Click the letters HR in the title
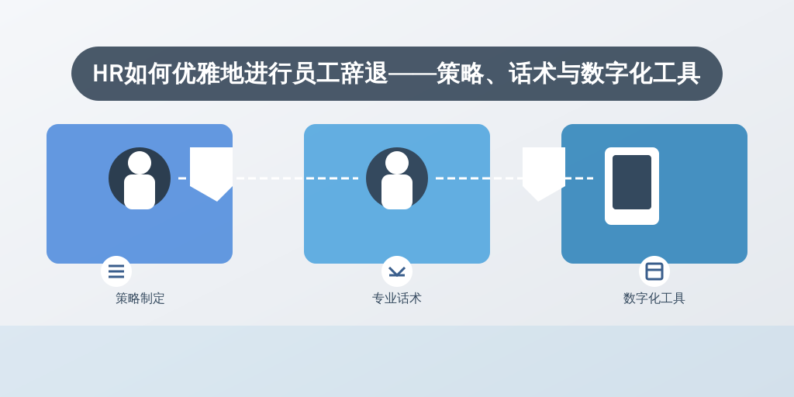click(x=108, y=74)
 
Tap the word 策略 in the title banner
click(x=460, y=74)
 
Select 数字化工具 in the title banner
click(x=640, y=74)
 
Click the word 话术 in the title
click(x=532, y=74)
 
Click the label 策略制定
click(x=140, y=299)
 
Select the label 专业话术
click(x=397, y=299)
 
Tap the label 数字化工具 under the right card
click(x=654, y=299)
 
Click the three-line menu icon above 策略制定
click(x=116, y=271)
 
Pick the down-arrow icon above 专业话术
click(x=397, y=272)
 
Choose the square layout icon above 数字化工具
click(x=654, y=271)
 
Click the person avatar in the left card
click(x=140, y=178)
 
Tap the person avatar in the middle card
click(x=397, y=178)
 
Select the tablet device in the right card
click(x=632, y=186)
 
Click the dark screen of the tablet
click(x=632, y=182)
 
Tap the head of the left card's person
click(x=140, y=163)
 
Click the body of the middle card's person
click(x=397, y=192)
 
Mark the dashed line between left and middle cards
click(x=268, y=178)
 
